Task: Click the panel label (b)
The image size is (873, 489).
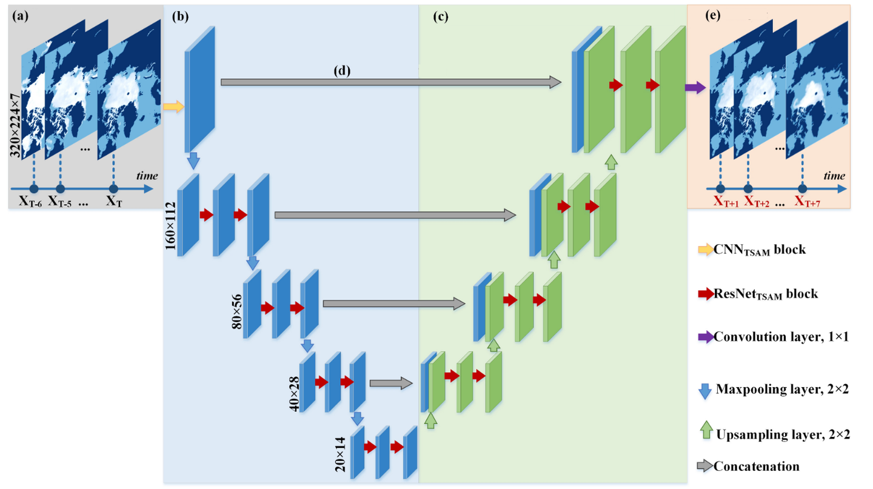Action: click(x=181, y=16)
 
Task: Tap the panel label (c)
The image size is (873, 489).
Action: click(x=441, y=16)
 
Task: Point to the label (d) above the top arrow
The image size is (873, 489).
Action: click(x=342, y=70)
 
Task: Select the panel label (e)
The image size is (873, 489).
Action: click(x=713, y=15)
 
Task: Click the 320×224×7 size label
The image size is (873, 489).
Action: click(x=16, y=125)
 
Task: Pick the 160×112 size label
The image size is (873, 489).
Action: click(x=171, y=225)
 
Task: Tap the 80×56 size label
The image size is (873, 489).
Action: click(x=236, y=311)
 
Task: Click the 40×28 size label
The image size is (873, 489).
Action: click(x=294, y=394)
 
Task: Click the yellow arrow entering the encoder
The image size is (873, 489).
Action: click(x=173, y=107)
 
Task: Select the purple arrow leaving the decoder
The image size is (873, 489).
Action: click(x=695, y=87)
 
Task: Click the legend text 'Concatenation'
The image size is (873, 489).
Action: click(x=757, y=467)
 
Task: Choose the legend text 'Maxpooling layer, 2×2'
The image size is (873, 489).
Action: click(x=782, y=389)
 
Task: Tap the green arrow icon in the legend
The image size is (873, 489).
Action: click(x=706, y=430)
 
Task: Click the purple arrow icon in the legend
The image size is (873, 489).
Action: click(x=706, y=337)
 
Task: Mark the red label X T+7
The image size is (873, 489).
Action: click(x=807, y=201)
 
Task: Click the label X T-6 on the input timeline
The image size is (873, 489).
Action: click(x=30, y=202)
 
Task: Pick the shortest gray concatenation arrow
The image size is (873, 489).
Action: click(x=391, y=384)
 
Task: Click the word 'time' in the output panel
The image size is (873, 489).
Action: click(x=834, y=176)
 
